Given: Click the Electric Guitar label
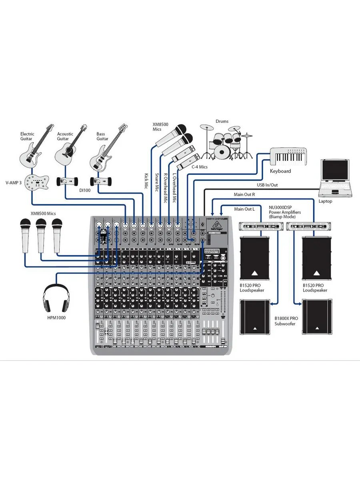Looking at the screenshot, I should tap(28, 136).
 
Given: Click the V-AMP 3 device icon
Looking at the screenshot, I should tap(36, 183).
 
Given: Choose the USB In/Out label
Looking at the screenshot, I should tap(267, 185).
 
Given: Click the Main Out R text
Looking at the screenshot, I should tap(244, 194).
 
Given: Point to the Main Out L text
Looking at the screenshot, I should tap(244, 209).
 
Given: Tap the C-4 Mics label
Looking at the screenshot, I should tap(199, 166).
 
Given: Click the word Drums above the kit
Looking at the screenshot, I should tap(222, 121).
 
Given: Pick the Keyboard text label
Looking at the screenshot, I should tap(280, 171).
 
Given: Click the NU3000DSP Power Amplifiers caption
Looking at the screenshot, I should tap(286, 212).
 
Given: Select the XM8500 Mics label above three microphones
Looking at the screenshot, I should tap(43, 214).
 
